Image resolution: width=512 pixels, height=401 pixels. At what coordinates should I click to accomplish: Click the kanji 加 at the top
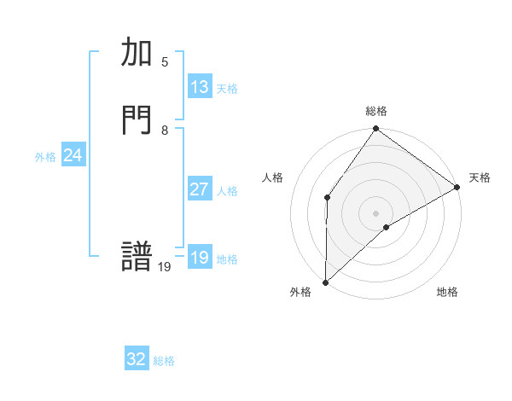pyautogui.click(x=137, y=54)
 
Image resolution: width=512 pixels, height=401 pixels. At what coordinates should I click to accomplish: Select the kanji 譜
pyautogui.click(x=137, y=258)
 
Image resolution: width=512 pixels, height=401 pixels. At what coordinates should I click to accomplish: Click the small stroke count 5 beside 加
pyautogui.click(x=165, y=62)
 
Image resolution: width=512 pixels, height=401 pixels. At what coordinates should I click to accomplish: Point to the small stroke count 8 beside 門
pyautogui.click(x=165, y=131)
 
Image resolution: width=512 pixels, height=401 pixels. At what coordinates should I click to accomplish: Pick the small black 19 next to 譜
pyautogui.click(x=165, y=267)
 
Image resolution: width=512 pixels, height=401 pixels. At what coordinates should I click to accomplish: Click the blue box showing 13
pyautogui.click(x=200, y=87)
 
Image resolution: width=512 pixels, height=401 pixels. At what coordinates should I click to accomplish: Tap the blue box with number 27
pyautogui.click(x=200, y=189)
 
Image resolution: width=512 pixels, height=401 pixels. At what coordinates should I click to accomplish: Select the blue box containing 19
pyautogui.click(x=200, y=258)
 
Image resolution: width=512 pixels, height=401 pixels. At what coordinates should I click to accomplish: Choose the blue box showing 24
pyautogui.click(x=73, y=155)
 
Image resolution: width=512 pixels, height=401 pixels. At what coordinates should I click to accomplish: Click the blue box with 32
pyautogui.click(x=137, y=359)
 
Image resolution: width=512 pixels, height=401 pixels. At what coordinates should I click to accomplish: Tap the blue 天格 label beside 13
pyautogui.click(x=227, y=89)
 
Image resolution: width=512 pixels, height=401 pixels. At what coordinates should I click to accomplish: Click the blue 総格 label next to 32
pyautogui.click(x=164, y=361)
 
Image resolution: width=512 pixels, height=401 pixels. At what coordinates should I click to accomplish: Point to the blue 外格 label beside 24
pyautogui.click(x=45, y=157)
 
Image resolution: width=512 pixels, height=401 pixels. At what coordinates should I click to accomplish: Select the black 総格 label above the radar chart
pyautogui.click(x=376, y=111)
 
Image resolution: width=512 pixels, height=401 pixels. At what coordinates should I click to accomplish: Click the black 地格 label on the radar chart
pyautogui.click(x=447, y=293)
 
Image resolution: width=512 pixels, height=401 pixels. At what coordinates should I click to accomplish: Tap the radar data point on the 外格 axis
pyautogui.click(x=325, y=282)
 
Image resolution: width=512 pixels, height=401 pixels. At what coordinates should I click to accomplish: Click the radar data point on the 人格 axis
pyautogui.click(x=327, y=197)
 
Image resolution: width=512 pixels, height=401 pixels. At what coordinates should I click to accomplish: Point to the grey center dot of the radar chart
pyautogui.click(x=375, y=212)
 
